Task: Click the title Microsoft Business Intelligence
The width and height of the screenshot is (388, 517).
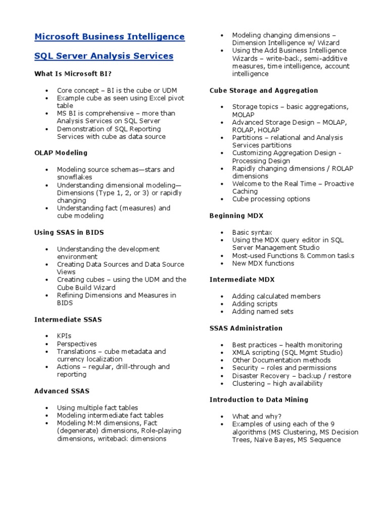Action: click(x=109, y=37)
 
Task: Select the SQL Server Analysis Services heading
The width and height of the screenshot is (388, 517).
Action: click(x=104, y=56)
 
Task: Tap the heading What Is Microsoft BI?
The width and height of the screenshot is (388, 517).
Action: click(x=73, y=74)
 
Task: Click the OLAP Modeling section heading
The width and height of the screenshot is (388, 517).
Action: click(x=61, y=152)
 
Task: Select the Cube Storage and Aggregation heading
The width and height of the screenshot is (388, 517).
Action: click(x=264, y=90)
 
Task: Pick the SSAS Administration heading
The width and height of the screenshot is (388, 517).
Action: click(x=246, y=328)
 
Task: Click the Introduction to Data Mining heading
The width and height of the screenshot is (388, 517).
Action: click(x=259, y=399)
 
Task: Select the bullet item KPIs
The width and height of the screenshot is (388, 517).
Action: click(x=65, y=336)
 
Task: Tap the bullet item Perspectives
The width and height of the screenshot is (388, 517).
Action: click(x=77, y=343)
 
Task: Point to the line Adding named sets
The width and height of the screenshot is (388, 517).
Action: click(x=263, y=312)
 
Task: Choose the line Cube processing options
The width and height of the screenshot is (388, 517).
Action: click(x=271, y=199)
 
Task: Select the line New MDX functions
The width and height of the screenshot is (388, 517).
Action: click(x=263, y=263)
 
